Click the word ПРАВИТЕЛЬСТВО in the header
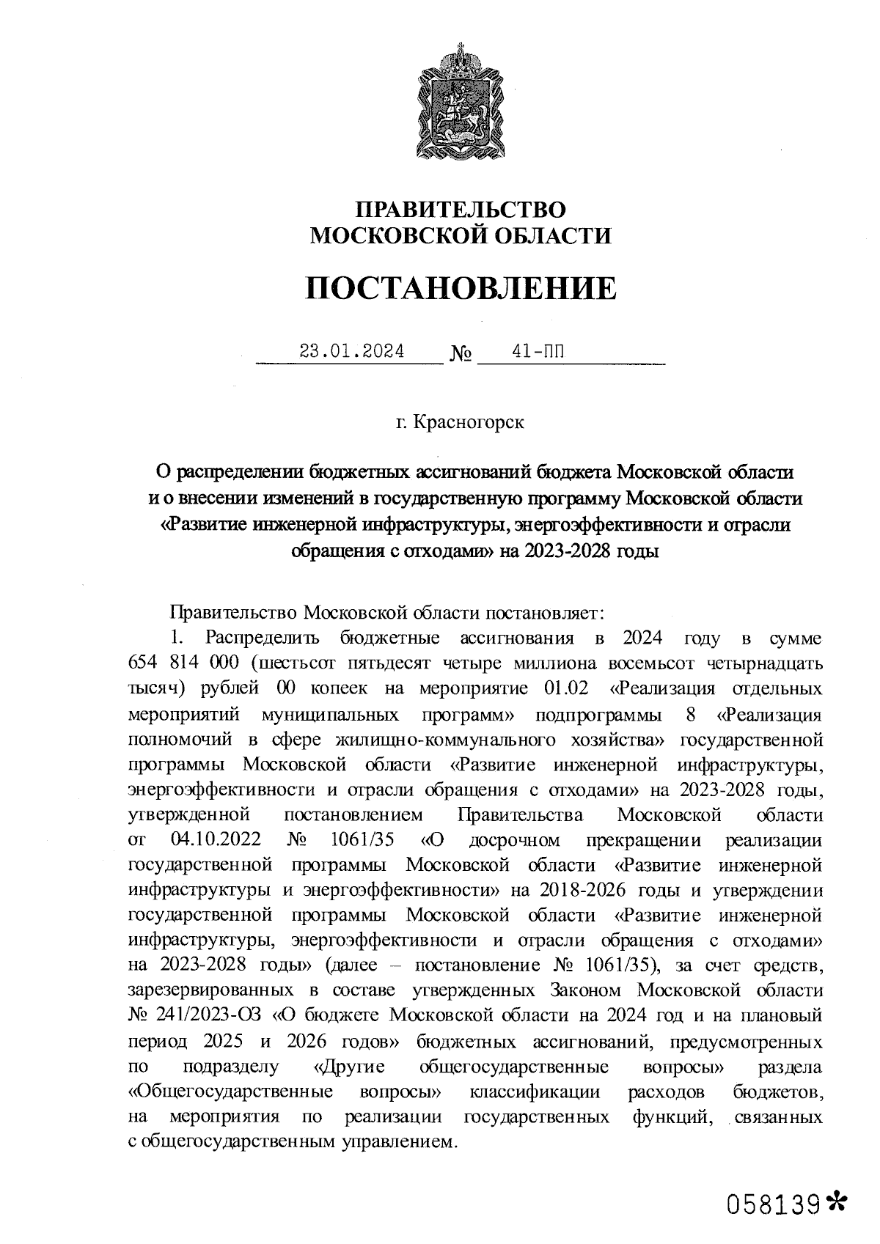[x=461, y=210]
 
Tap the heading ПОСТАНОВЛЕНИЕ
[x=461, y=288]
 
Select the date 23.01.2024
[x=351, y=351]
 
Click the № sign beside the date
[x=461, y=355]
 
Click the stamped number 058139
[x=772, y=1203]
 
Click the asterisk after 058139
[x=836, y=1201]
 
